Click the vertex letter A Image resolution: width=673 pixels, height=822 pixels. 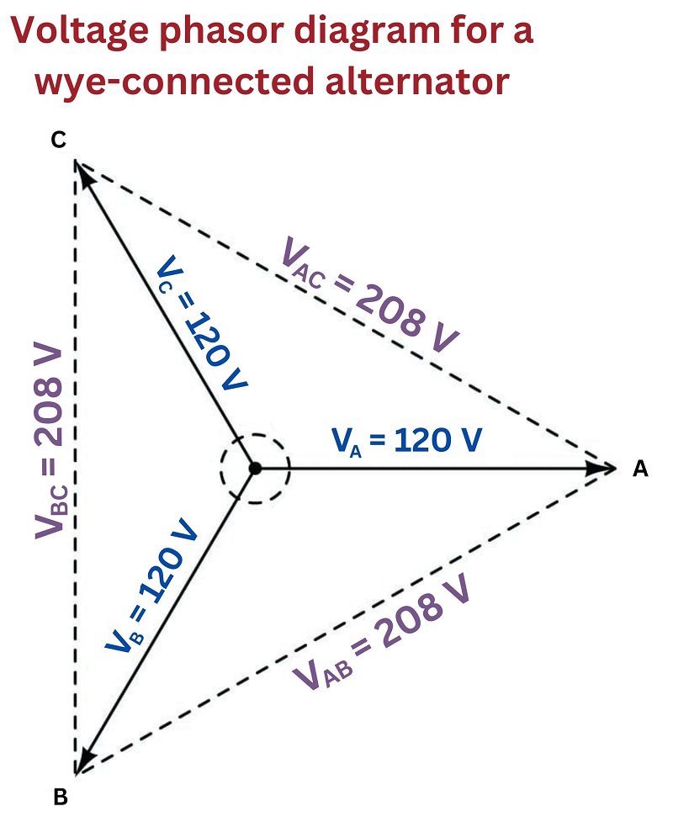click(x=640, y=468)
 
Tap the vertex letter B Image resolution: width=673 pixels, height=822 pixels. click(x=61, y=797)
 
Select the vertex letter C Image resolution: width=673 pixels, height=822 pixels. click(x=59, y=140)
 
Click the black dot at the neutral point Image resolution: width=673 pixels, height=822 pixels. click(x=255, y=468)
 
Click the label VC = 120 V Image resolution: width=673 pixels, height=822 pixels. click(x=201, y=323)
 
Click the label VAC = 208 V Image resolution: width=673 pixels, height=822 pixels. click(x=370, y=294)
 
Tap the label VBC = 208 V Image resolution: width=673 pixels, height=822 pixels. click(x=50, y=440)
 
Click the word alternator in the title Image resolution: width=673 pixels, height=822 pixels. click(x=417, y=81)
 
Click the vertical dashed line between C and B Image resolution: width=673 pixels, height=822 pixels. click(x=76, y=468)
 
